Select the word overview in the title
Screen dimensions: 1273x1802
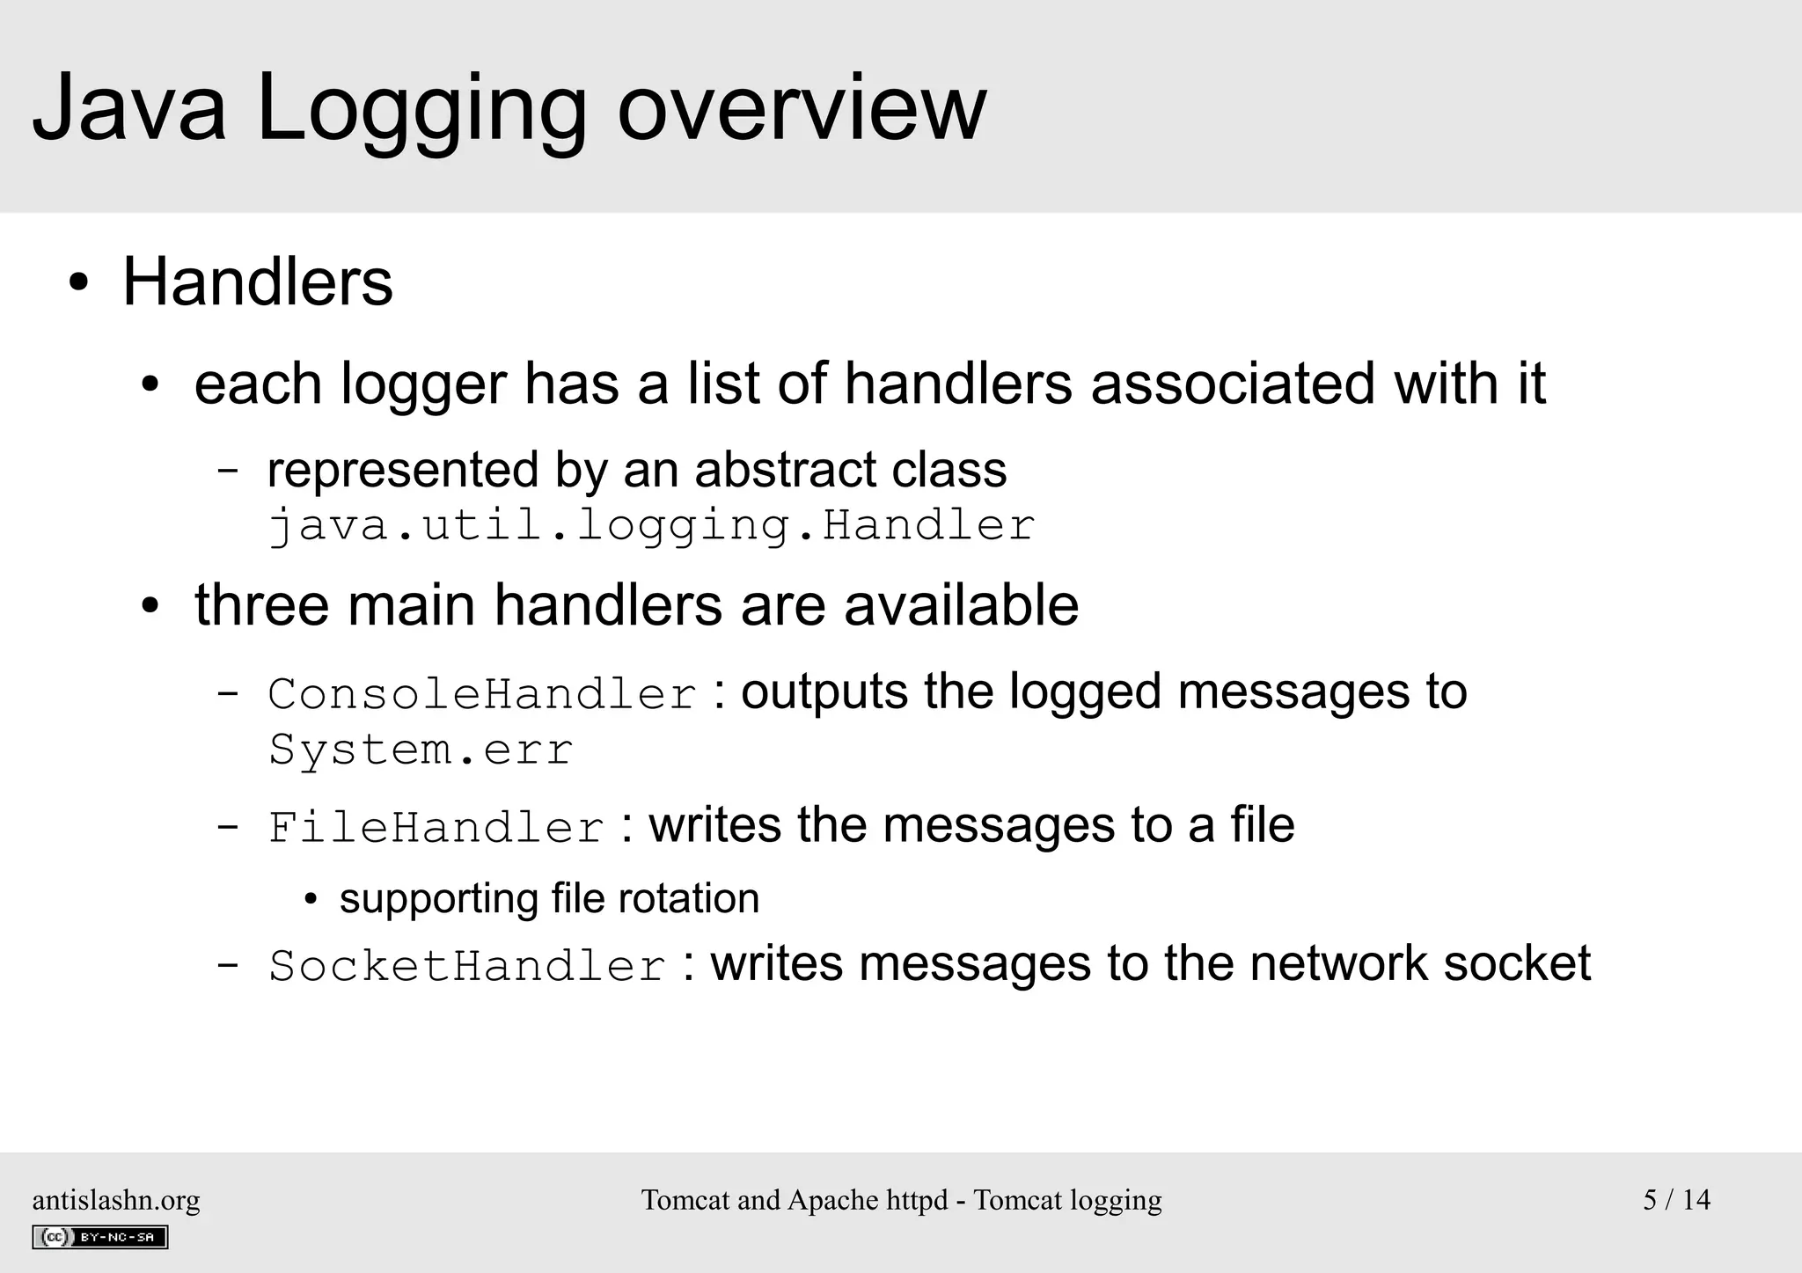(802, 107)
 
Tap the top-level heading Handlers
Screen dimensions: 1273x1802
(257, 282)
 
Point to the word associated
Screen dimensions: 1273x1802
(1233, 384)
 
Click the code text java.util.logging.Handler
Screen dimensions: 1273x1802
(651, 525)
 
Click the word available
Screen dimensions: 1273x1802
(961, 605)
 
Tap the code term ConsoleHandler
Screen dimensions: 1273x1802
(482, 693)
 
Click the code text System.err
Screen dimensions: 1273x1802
(421, 750)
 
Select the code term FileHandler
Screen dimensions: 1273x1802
(436, 828)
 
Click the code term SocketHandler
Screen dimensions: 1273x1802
(467, 966)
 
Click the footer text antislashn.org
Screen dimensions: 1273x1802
(116, 1200)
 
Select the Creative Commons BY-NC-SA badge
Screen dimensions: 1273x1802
(99, 1237)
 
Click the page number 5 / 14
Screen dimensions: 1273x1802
(1676, 1200)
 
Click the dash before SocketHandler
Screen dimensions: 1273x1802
(227, 965)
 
